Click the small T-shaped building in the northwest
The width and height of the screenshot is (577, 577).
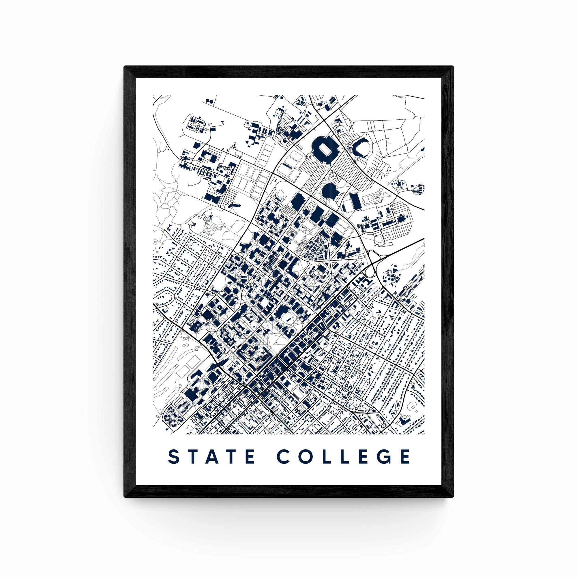[x=222, y=122]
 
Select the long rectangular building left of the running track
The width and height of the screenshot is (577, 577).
[x=355, y=201]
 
